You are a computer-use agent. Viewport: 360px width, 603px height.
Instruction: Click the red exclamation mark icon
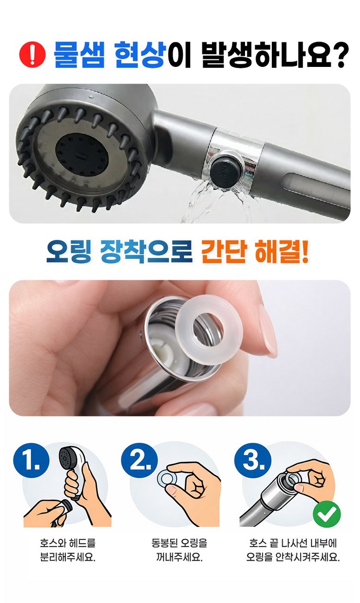pyautogui.click(x=32, y=54)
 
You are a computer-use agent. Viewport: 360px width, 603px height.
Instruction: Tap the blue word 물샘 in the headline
pyautogui.click(x=78, y=54)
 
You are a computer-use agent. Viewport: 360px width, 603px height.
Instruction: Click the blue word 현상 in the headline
pyautogui.click(x=139, y=54)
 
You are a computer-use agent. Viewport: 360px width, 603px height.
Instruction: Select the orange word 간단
pyautogui.click(x=223, y=252)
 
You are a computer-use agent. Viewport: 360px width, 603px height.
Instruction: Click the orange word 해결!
pyautogui.click(x=281, y=252)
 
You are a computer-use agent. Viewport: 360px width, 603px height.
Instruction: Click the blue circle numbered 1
pyautogui.click(x=31, y=461)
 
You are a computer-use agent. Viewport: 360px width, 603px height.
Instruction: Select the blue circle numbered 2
pyautogui.click(x=139, y=460)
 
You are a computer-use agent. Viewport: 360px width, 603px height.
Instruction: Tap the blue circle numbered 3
pyautogui.click(x=253, y=460)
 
